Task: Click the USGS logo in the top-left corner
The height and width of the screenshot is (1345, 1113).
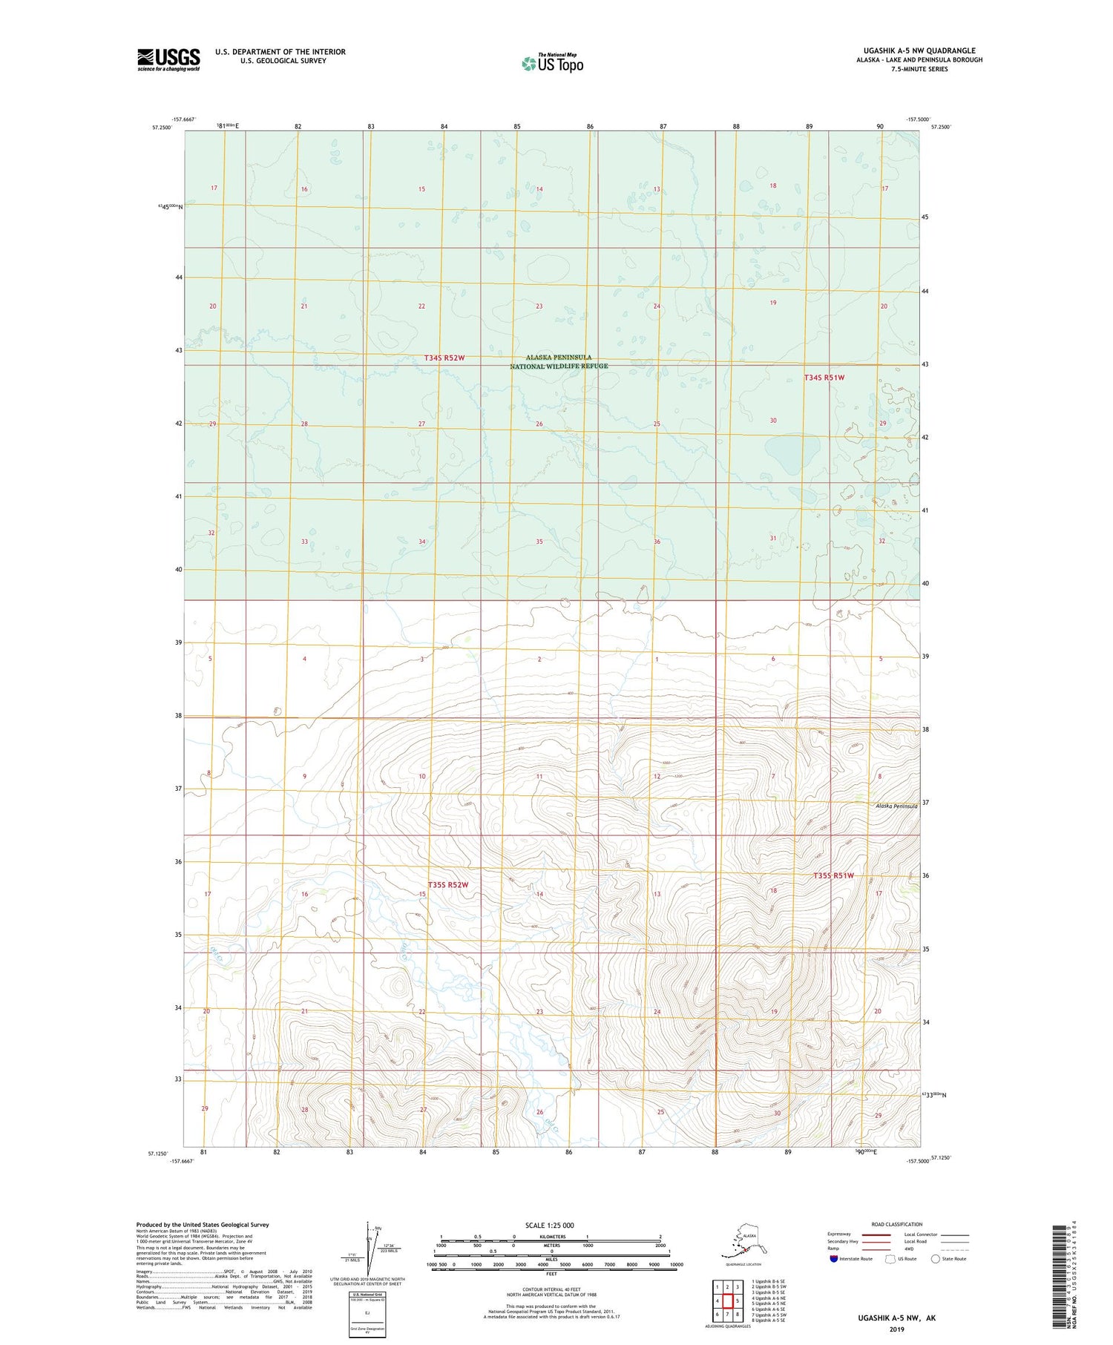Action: tap(168, 59)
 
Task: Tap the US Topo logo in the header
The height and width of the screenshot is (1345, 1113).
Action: tap(552, 63)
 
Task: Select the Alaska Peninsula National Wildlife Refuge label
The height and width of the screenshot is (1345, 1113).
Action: tap(559, 362)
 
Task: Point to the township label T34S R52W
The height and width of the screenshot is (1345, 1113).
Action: tap(444, 358)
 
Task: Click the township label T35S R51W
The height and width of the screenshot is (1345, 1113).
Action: tap(833, 875)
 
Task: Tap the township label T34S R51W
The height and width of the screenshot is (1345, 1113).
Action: tap(824, 378)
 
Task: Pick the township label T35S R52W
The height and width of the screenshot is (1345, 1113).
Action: tap(448, 885)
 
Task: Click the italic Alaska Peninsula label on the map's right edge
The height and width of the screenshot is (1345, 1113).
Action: tap(896, 806)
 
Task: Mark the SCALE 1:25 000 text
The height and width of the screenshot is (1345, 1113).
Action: tap(550, 1226)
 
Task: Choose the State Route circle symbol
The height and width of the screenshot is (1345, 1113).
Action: tap(936, 1259)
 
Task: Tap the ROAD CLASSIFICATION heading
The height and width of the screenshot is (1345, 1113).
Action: tap(896, 1224)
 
